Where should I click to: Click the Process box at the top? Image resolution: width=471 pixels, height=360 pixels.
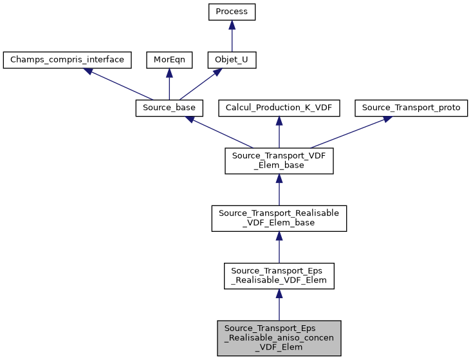(232, 12)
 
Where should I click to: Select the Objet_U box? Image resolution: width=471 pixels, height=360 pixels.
(232, 60)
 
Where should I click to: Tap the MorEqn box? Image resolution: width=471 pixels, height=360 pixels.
(169, 60)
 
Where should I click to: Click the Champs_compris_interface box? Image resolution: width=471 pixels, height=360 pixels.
(68, 60)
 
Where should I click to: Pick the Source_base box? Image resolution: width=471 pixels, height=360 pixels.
(169, 108)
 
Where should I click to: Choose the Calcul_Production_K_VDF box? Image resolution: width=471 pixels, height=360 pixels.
(279, 108)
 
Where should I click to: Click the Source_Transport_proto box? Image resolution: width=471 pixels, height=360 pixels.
(411, 108)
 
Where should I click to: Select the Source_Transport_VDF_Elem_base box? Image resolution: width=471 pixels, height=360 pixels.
(279, 160)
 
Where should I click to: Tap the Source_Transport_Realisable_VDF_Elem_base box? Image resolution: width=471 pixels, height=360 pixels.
(279, 218)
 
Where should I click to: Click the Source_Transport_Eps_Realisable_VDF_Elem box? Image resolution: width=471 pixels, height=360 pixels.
(279, 275)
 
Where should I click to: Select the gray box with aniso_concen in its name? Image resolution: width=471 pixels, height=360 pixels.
(279, 337)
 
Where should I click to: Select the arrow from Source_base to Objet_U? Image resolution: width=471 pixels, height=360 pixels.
(200, 84)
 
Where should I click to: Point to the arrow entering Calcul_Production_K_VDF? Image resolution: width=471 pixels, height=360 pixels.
(279, 131)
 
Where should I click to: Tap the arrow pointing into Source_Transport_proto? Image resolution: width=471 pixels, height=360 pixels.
(348, 132)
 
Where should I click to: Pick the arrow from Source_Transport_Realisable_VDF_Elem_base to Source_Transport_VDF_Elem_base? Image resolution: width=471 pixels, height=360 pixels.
(279, 190)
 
